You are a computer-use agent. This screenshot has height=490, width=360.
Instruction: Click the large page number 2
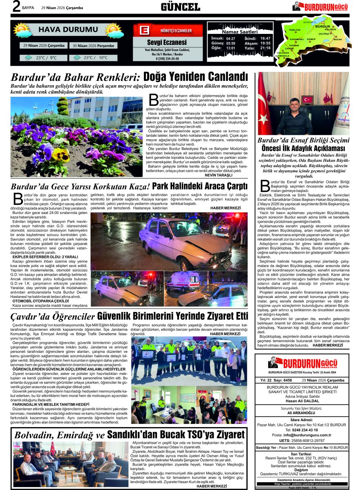16,7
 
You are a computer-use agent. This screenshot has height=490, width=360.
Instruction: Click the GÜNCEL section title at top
180,7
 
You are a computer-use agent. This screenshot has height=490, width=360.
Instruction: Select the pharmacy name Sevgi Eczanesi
167,42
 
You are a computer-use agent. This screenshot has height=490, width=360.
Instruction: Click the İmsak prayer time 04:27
230,38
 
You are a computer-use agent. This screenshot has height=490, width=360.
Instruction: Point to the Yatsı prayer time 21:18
265,48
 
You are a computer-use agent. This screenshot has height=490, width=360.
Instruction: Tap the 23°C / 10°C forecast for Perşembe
95,58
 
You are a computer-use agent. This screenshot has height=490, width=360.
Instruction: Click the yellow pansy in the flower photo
60,154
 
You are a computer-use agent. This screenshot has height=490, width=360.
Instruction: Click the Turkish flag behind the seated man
306,99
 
